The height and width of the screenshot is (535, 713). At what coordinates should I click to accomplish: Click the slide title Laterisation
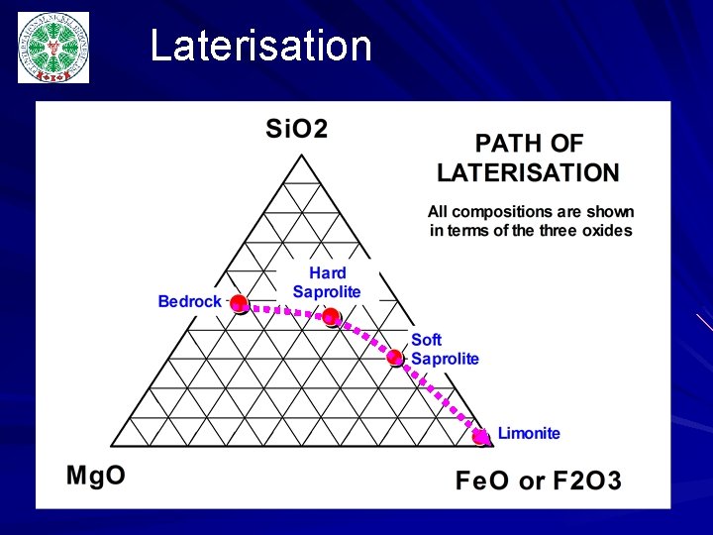pos(260,47)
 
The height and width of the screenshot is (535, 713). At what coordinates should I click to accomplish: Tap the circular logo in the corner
pos(52,48)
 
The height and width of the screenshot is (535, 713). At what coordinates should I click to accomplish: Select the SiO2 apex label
pos(296,129)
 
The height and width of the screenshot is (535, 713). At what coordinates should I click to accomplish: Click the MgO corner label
pos(96,475)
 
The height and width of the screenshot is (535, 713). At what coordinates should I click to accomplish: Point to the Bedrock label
pos(190,301)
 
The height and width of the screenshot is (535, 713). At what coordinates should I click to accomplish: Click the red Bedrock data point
pos(239,304)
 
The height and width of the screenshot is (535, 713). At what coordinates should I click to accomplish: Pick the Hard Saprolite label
pos(327,282)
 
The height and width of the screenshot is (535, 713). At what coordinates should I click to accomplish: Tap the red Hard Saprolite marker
pos(331,317)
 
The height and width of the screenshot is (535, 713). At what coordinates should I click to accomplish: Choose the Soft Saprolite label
pos(445,350)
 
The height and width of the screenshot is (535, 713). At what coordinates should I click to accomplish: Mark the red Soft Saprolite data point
pos(396,358)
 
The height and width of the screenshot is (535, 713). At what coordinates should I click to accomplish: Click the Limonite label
pos(529,433)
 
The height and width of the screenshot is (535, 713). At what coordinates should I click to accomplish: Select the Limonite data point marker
pos(481,436)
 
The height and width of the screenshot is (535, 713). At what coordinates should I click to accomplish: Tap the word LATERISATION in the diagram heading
pos(528,172)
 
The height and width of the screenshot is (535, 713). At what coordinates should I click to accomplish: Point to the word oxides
pos(608,231)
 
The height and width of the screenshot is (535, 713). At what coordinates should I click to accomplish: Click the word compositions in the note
pos(492,212)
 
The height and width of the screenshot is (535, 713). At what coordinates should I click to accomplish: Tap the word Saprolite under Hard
pos(327,291)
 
